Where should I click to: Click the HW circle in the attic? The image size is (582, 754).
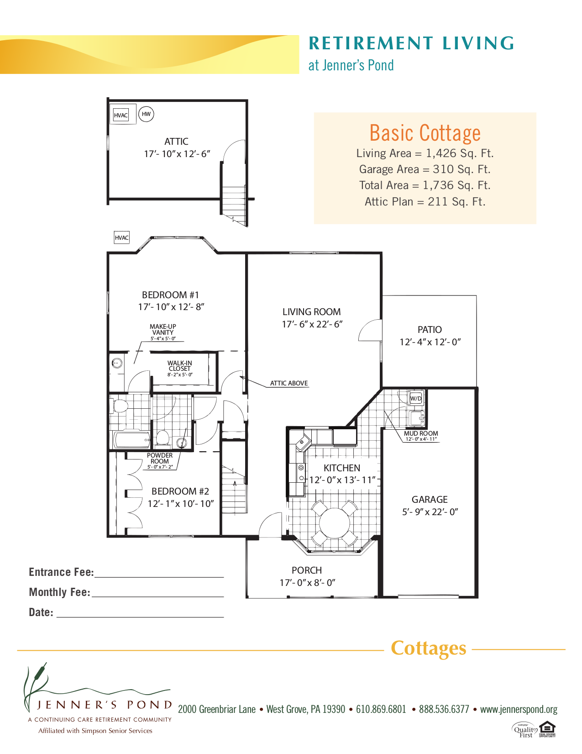tap(146, 114)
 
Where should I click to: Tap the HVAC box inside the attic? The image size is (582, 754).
tap(121, 115)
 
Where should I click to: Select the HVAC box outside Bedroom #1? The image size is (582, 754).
tap(122, 237)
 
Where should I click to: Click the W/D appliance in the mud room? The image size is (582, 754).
tap(416, 398)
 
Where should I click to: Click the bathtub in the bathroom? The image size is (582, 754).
tap(131, 440)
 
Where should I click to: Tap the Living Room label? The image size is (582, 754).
tap(311, 312)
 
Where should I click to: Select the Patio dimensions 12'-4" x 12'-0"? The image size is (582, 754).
tap(430, 342)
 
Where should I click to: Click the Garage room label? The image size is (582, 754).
tap(430, 500)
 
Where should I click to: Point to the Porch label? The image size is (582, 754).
tap(307, 570)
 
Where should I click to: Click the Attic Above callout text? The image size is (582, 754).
tap(289, 383)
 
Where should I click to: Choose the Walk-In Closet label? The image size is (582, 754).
tap(180, 366)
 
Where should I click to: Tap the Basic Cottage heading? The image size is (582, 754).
tap(425, 133)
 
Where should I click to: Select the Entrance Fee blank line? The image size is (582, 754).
tap(159, 576)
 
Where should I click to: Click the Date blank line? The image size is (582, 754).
tap(140, 616)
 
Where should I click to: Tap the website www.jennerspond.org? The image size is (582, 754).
tap(519, 709)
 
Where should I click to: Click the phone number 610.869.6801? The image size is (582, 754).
tap(381, 709)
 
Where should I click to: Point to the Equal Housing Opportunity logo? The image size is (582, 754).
tap(547, 729)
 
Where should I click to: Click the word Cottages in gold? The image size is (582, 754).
tap(429, 648)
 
